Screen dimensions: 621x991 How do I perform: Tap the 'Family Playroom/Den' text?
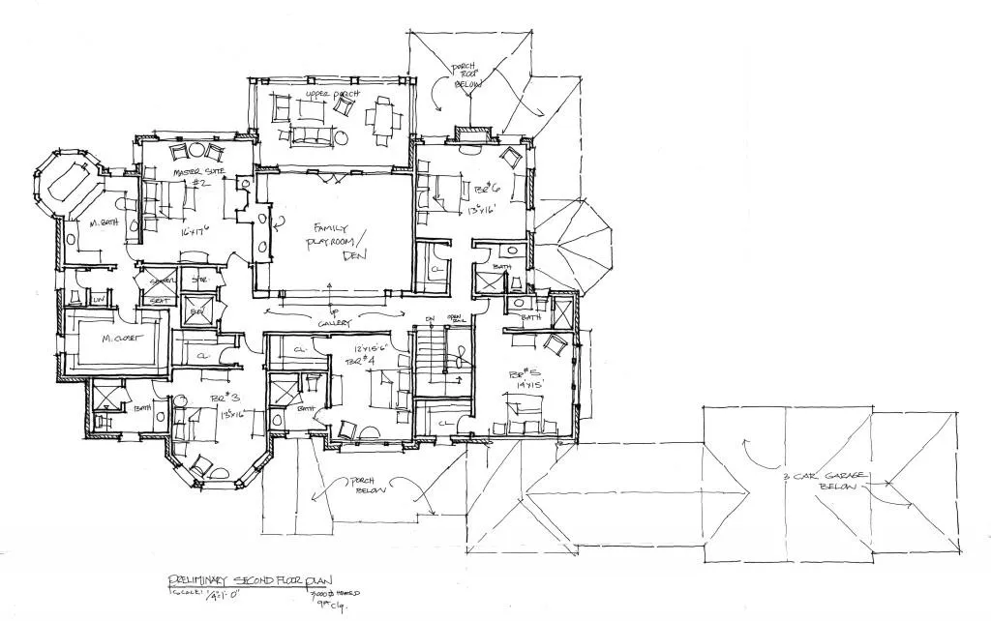click(x=340, y=241)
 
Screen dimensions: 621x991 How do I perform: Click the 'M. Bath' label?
click(x=104, y=222)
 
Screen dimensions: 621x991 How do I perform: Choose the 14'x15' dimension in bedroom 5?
click(x=526, y=385)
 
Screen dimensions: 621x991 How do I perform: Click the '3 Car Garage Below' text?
click(x=823, y=480)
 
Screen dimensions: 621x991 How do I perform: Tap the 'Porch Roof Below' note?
click(x=466, y=77)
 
